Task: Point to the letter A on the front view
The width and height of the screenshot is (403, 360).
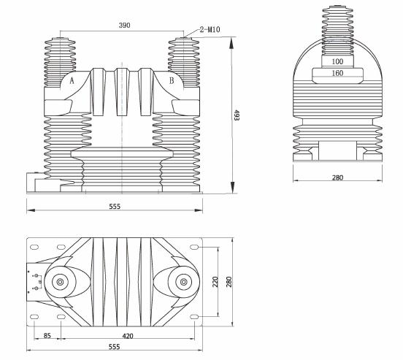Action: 72,82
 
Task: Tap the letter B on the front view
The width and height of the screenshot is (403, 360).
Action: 171,82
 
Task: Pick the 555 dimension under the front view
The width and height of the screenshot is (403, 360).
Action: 115,207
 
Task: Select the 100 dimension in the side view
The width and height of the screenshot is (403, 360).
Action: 337,61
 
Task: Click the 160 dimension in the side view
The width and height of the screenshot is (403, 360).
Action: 337,73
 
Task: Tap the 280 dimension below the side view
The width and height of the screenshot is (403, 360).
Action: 337,177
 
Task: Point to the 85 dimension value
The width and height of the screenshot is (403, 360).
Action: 47,337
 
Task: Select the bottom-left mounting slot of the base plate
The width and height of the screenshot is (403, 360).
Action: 35,317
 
